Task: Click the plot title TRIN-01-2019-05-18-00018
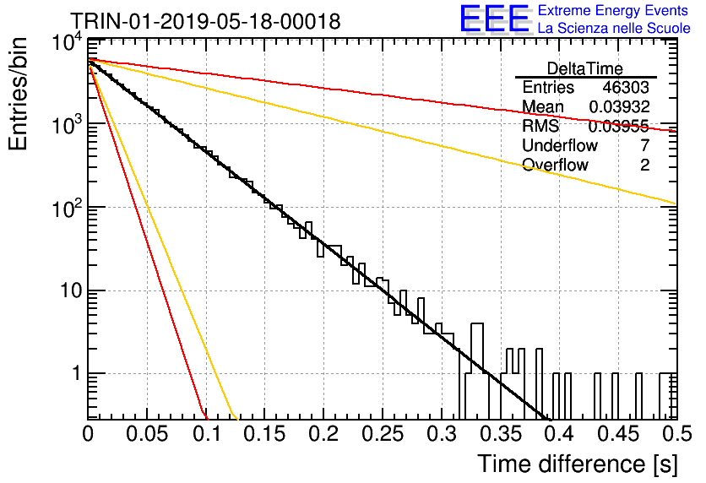click(206, 21)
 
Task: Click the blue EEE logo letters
click(495, 19)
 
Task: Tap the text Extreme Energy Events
click(613, 10)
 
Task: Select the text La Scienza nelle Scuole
click(614, 28)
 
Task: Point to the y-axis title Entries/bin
click(19, 94)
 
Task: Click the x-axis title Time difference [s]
click(578, 464)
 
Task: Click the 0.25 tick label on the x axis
click(383, 434)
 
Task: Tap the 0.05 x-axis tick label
click(147, 434)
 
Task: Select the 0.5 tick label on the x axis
click(676, 434)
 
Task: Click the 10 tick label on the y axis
click(71, 290)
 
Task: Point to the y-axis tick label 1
click(77, 373)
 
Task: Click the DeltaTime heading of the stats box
click(585, 68)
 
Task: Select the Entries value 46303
click(626, 87)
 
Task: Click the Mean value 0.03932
click(619, 106)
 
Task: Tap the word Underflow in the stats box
click(560, 145)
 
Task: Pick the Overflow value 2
click(644, 165)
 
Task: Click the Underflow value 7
click(644, 145)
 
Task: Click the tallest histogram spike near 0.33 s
click(477, 323)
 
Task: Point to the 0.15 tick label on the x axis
click(265, 434)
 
